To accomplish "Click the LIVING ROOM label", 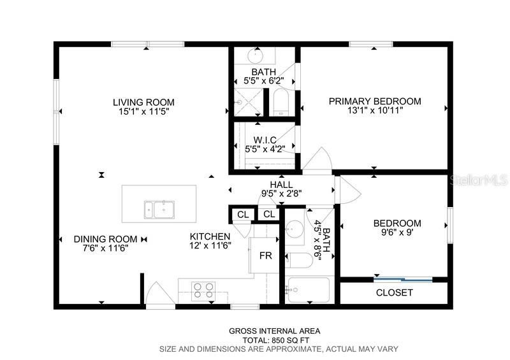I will coord(143,102).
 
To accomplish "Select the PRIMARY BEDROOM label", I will coord(375,101).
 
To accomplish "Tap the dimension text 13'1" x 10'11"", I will coord(375,110).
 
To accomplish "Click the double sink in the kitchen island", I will coord(159,208).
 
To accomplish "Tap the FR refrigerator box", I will coord(265,256).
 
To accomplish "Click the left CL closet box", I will coord(242,214).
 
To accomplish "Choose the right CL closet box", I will coord(268,214).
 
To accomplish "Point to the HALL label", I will coord(281,184).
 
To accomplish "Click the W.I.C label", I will coord(264,140).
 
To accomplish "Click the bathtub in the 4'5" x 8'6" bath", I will coord(308,290).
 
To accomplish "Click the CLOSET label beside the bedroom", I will coord(394,293).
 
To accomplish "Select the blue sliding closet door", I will coord(403,278).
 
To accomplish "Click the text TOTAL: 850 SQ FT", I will coord(275,340).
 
